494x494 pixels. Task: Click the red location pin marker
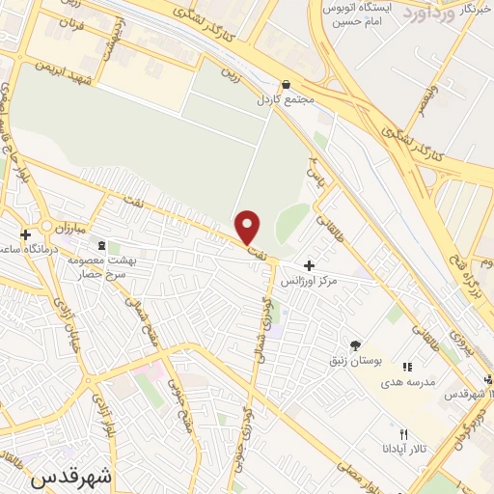coord(248,227)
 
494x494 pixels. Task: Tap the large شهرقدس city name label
coord(71,477)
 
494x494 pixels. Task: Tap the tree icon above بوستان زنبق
coord(354,344)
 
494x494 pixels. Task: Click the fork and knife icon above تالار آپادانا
coord(405,434)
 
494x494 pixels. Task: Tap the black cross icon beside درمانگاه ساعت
coord(25,233)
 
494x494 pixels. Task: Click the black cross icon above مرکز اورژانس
coord(309,264)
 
